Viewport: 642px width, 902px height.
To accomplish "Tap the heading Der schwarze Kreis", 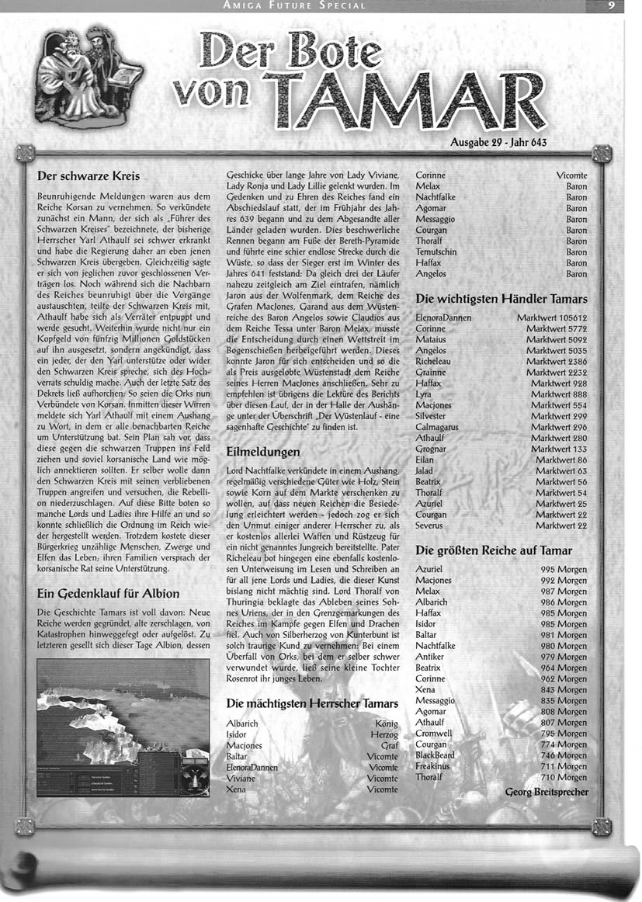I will [88, 176].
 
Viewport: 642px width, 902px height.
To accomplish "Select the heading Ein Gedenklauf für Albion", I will [109, 594].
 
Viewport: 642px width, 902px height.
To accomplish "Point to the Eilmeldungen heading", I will [263, 451].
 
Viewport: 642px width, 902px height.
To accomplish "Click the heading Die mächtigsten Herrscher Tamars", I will [312, 703].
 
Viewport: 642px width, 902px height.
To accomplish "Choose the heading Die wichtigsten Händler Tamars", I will [501, 299].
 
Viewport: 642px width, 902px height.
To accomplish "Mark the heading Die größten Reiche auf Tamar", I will [494, 550].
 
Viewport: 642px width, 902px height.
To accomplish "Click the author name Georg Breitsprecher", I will [546, 793].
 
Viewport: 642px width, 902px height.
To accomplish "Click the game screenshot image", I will [123, 728].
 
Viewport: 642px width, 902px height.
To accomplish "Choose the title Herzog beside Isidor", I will [383, 734].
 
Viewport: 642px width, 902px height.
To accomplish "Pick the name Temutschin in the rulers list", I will [437, 252].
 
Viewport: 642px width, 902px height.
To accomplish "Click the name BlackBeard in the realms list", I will [435, 755].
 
